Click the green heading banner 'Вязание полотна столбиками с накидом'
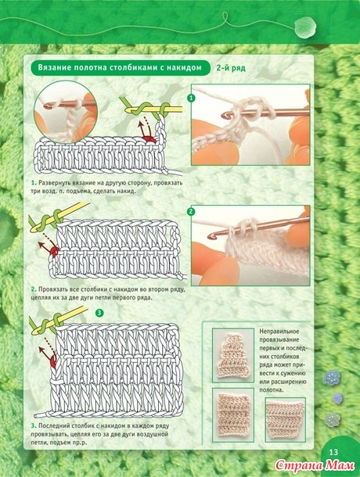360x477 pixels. (x=121, y=67)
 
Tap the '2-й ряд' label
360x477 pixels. (x=231, y=68)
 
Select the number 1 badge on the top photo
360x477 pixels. (x=191, y=98)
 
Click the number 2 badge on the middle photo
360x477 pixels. (x=191, y=211)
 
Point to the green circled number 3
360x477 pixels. (x=99, y=313)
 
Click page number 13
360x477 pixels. (x=334, y=452)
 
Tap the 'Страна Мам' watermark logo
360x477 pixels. (x=315, y=465)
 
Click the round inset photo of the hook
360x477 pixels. (x=66, y=112)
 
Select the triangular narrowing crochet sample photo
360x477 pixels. (x=233, y=355)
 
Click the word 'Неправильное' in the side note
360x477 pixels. (x=279, y=332)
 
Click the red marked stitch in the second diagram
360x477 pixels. (x=55, y=251)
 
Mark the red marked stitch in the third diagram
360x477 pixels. (x=53, y=361)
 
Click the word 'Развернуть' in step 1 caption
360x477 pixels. (x=55, y=183)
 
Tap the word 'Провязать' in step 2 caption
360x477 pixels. (x=53, y=289)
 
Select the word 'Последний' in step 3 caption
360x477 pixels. (x=53, y=426)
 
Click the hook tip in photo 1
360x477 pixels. (x=225, y=115)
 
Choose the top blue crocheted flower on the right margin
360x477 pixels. (x=332, y=378)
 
